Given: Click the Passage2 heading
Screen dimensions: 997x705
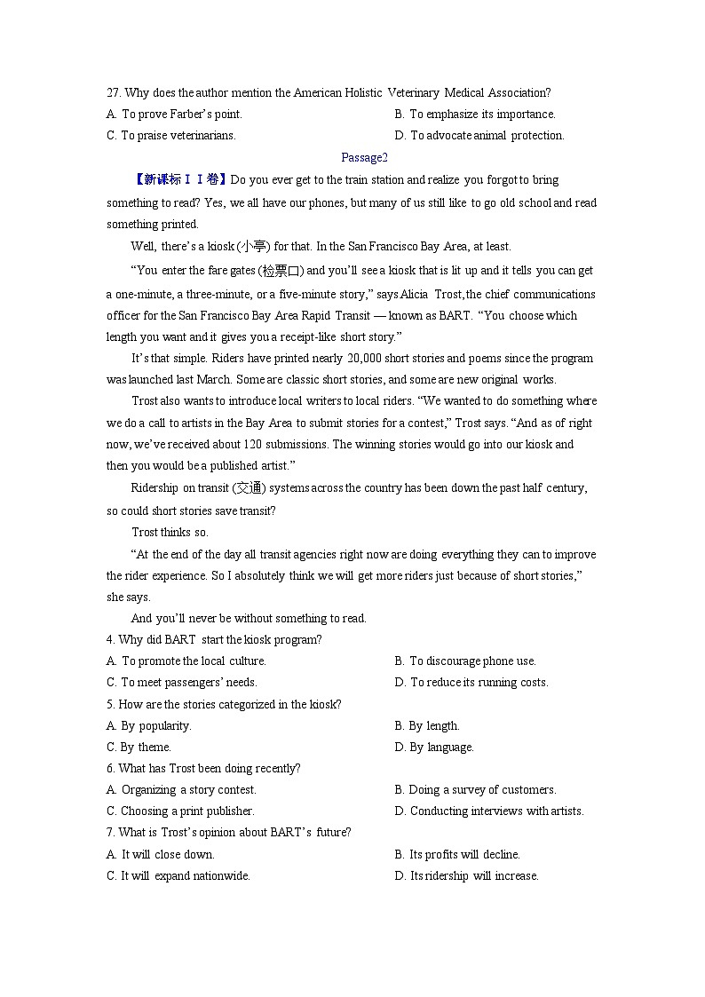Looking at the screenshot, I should click(x=365, y=158).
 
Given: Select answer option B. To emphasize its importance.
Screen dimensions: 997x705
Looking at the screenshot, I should click(x=475, y=115).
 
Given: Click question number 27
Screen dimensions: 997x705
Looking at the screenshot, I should click(x=113, y=92).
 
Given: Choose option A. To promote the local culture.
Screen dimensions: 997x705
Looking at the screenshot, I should click(x=186, y=661).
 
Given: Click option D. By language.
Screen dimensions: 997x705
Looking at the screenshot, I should click(x=434, y=748).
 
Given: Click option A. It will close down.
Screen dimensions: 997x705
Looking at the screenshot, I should click(x=160, y=855).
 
